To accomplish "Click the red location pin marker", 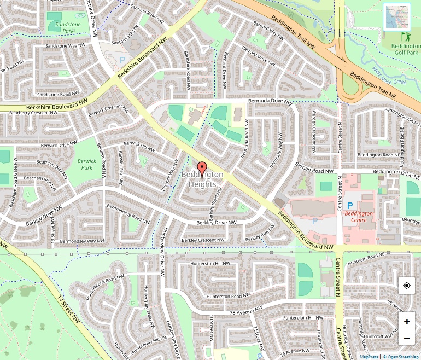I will point(202,170).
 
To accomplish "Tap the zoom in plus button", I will point(407,321).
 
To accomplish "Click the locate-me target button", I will point(407,286).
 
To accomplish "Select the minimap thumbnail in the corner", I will point(397,17).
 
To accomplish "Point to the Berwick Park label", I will point(87,164).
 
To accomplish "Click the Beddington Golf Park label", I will point(405,50).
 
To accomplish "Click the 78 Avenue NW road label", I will point(248,313).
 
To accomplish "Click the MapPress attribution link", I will point(369,356).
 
